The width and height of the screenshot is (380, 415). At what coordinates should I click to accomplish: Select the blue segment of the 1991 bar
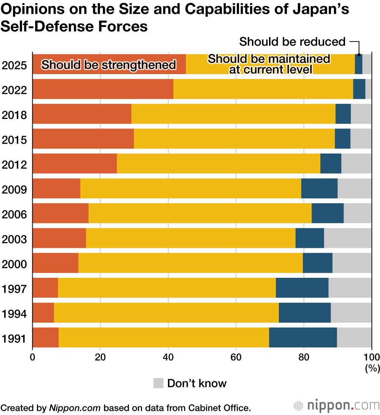[x=303, y=337]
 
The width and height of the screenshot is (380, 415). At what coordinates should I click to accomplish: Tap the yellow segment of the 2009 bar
[x=190, y=188]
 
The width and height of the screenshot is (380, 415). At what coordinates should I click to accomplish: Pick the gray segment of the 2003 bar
[x=347, y=238]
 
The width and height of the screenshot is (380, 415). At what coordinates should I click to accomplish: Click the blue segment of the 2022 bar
[x=359, y=89]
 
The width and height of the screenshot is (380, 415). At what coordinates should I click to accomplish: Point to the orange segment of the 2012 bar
[x=74, y=163]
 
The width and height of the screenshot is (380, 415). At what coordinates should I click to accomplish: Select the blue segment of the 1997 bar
[x=302, y=288]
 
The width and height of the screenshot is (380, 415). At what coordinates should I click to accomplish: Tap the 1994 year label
[x=14, y=314]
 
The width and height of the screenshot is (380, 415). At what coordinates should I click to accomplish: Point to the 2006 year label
[x=14, y=215]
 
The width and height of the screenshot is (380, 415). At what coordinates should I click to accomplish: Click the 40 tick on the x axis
[x=168, y=357]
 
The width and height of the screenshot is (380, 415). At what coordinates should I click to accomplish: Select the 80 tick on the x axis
[x=304, y=357]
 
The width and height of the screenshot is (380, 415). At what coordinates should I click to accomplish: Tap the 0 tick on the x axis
[x=33, y=357]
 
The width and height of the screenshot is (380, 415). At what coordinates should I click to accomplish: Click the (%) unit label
[x=372, y=368]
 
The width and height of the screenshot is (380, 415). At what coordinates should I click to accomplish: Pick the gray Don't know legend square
[x=158, y=383]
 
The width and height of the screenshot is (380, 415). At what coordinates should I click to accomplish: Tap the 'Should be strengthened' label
[x=109, y=65]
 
